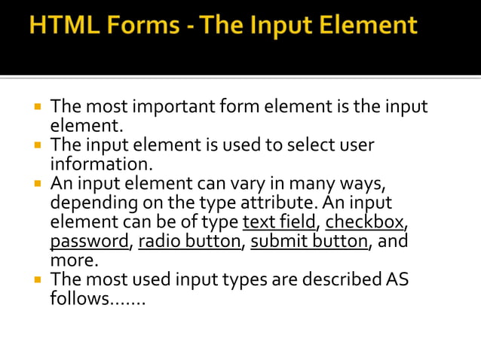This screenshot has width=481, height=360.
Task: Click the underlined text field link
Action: (279, 223)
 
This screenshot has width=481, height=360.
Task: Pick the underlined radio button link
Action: (191, 242)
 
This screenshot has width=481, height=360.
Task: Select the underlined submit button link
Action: (310, 242)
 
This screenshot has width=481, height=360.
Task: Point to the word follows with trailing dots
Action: (97, 298)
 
